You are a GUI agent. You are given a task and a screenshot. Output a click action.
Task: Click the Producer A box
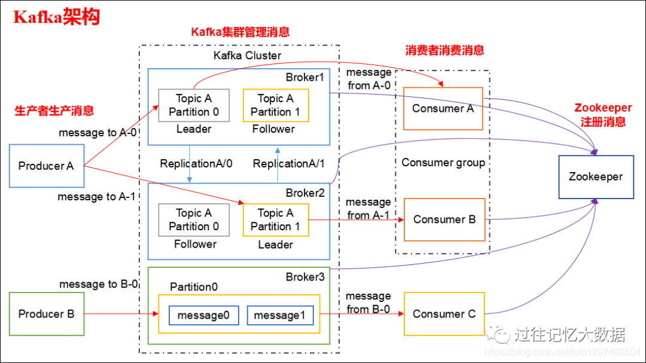coord(46,166)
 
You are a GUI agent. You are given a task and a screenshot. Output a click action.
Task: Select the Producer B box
coord(46,314)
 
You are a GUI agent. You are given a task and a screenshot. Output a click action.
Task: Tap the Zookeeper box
coord(596,177)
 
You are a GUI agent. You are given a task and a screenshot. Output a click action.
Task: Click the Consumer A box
coord(443,109)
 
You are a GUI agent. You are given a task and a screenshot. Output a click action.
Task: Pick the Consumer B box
coord(445,219)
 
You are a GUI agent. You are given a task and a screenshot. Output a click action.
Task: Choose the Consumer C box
coord(444,314)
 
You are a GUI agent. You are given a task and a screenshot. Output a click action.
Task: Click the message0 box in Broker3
coord(203,315)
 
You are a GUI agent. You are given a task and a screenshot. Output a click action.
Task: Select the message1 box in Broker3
coord(281,315)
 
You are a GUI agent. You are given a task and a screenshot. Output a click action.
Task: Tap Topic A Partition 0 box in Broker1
coord(193,105)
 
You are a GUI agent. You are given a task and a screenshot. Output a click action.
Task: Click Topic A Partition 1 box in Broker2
coord(276,219)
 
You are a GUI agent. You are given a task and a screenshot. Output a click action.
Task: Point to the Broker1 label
coord(304,77)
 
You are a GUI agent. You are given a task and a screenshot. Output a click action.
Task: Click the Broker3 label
coord(304,277)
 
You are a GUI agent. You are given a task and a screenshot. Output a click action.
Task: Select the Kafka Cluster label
coord(248,56)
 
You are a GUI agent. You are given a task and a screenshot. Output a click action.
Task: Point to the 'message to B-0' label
coord(98,284)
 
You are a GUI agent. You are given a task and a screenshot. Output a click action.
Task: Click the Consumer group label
coord(443,163)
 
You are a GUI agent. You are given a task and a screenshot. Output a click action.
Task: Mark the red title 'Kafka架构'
coord(57,17)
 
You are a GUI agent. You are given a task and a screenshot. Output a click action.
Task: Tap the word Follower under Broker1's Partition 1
coord(273,129)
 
